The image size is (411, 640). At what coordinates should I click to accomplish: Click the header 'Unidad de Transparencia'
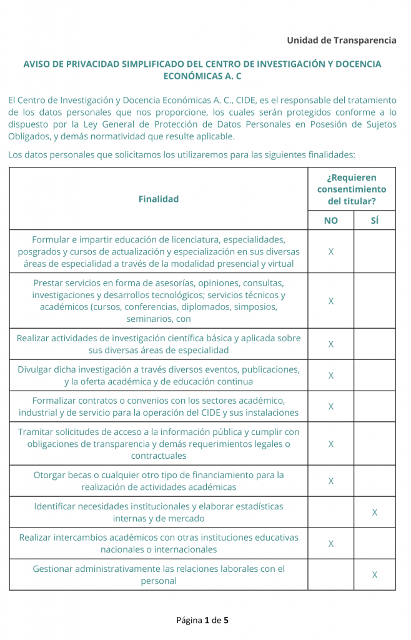[x=341, y=40]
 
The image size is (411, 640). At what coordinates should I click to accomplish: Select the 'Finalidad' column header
[x=159, y=199]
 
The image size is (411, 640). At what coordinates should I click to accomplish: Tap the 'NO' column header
[x=330, y=221]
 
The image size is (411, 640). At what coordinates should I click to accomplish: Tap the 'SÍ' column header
[x=374, y=221]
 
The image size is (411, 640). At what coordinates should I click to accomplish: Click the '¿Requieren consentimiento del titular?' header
[x=352, y=189]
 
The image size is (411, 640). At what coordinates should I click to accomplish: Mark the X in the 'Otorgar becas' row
[x=331, y=481]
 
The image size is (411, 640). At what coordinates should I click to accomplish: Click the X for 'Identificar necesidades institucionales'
[x=375, y=512]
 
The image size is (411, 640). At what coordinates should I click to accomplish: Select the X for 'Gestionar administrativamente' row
[x=375, y=575]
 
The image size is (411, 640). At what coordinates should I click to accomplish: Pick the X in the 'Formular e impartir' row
[x=331, y=251]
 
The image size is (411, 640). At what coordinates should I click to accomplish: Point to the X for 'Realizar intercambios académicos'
[x=331, y=544]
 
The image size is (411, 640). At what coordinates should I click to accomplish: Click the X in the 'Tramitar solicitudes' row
[x=331, y=444]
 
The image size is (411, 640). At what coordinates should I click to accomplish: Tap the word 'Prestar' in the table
[x=49, y=282]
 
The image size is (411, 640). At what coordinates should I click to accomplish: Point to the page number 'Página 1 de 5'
[x=202, y=620]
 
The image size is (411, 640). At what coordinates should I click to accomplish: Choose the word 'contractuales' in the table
[x=159, y=456]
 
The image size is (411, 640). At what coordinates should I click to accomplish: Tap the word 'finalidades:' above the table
[x=332, y=154]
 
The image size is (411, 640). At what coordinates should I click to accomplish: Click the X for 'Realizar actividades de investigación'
[x=331, y=344]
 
